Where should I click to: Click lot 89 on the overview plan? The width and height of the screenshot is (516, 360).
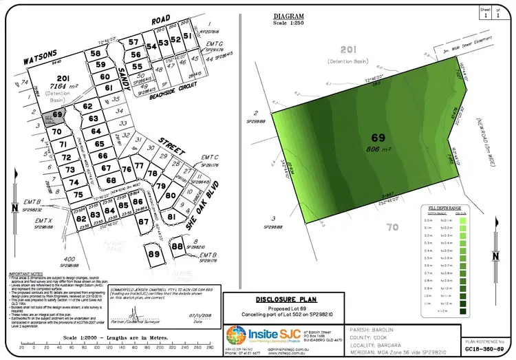(x=152, y=253)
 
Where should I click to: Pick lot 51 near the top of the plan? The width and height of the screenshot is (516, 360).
(x=187, y=38)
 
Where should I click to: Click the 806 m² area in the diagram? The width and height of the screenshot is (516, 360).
(x=377, y=149)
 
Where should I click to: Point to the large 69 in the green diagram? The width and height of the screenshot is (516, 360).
(x=377, y=138)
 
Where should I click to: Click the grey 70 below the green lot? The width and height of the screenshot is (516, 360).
(x=392, y=227)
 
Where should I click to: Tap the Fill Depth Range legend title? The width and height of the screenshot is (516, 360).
(x=449, y=207)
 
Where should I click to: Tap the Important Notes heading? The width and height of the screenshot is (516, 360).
(x=23, y=273)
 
